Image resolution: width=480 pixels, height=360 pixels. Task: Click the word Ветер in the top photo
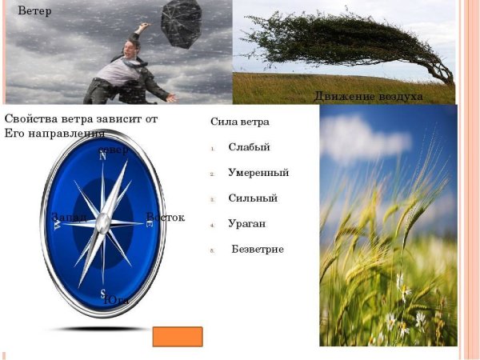[x=35, y=11]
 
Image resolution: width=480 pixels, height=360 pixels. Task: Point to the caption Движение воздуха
[x=368, y=97]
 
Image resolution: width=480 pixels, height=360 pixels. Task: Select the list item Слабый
[x=249, y=147]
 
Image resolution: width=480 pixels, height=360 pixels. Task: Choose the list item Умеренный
[x=258, y=172]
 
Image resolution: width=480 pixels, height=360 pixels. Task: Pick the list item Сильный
[x=252, y=198]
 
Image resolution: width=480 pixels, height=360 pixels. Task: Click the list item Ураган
[x=246, y=223]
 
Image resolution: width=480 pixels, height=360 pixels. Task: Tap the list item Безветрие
[x=258, y=249]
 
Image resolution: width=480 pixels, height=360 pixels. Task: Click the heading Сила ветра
[x=239, y=122]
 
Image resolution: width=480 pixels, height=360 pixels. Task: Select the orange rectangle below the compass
[x=177, y=337]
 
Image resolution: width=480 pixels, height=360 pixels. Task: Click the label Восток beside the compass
[x=166, y=218]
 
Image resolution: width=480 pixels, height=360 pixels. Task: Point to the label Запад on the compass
[x=68, y=218]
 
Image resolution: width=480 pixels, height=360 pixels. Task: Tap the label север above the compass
[x=112, y=150]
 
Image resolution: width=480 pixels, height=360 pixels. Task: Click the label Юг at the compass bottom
[x=117, y=299]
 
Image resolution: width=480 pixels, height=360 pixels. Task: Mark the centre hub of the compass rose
[x=102, y=224]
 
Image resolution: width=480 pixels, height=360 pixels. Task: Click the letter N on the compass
[x=102, y=157]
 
